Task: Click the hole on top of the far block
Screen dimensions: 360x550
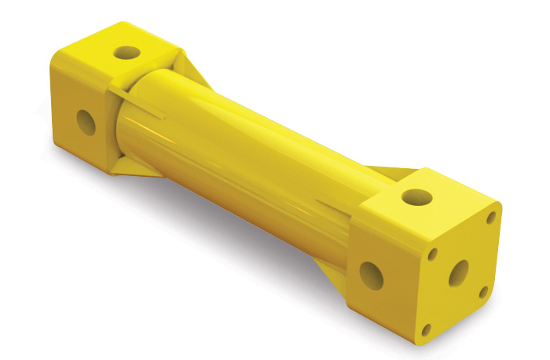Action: click(126, 53)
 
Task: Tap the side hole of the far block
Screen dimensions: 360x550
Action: click(86, 121)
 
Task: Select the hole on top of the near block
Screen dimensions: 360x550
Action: click(416, 197)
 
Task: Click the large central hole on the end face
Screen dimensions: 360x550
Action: click(458, 273)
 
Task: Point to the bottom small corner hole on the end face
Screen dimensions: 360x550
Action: click(427, 330)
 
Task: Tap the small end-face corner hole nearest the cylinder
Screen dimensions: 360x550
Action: click(432, 254)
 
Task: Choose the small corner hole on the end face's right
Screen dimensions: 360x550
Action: click(484, 292)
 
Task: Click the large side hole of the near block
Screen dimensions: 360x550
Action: click(372, 274)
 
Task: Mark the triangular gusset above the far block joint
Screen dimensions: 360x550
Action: click(194, 68)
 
